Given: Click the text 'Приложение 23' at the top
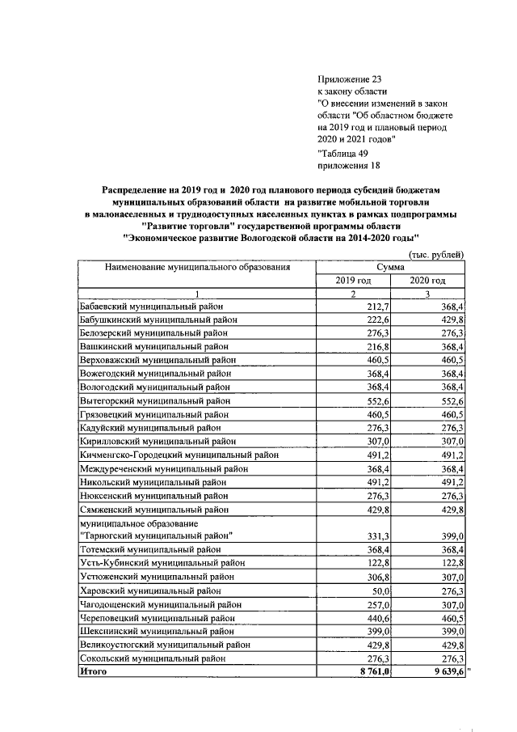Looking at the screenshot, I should click(349, 78).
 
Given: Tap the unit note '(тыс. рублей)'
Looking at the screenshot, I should click(438, 255).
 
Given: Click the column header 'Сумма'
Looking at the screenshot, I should click(390, 266).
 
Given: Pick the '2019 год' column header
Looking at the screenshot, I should click(353, 280).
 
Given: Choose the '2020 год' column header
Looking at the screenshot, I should click(428, 280).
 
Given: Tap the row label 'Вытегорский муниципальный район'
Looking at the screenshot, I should click(153, 400).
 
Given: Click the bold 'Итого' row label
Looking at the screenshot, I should click(94, 671).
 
